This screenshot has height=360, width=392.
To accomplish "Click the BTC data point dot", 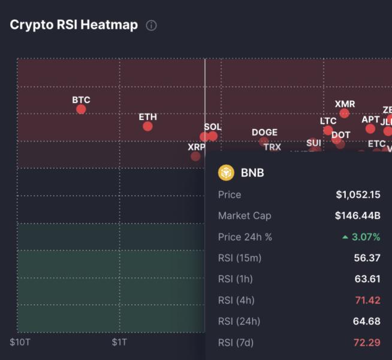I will [81, 109].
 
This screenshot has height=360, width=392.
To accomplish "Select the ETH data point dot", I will [147, 126].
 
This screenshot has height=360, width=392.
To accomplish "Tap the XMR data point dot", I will [345, 113].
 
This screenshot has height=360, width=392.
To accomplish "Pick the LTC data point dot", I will [328, 130].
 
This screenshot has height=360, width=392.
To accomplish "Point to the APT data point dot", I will [370, 128].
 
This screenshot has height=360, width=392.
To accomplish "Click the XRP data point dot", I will [195, 156].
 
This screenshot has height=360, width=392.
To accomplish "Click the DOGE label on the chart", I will [264, 133].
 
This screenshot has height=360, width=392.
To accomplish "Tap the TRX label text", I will [272, 146].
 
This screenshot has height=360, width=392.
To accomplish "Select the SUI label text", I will [313, 143].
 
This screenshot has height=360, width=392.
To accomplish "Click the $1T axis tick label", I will [119, 342].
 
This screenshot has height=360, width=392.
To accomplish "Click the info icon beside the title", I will [152, 25].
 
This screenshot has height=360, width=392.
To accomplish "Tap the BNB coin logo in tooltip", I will [226, 173].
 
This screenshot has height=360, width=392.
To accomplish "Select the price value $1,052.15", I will [358, 194].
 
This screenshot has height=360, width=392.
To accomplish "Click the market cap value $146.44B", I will [358, 215].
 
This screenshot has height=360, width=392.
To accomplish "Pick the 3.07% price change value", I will [366, 237].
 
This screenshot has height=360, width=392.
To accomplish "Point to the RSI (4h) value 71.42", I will [366, 300].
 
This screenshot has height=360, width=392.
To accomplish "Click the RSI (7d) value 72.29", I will [366, 342].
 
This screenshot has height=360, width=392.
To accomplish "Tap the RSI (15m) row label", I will [240, 258].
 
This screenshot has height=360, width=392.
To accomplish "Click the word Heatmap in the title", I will [110, 25].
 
